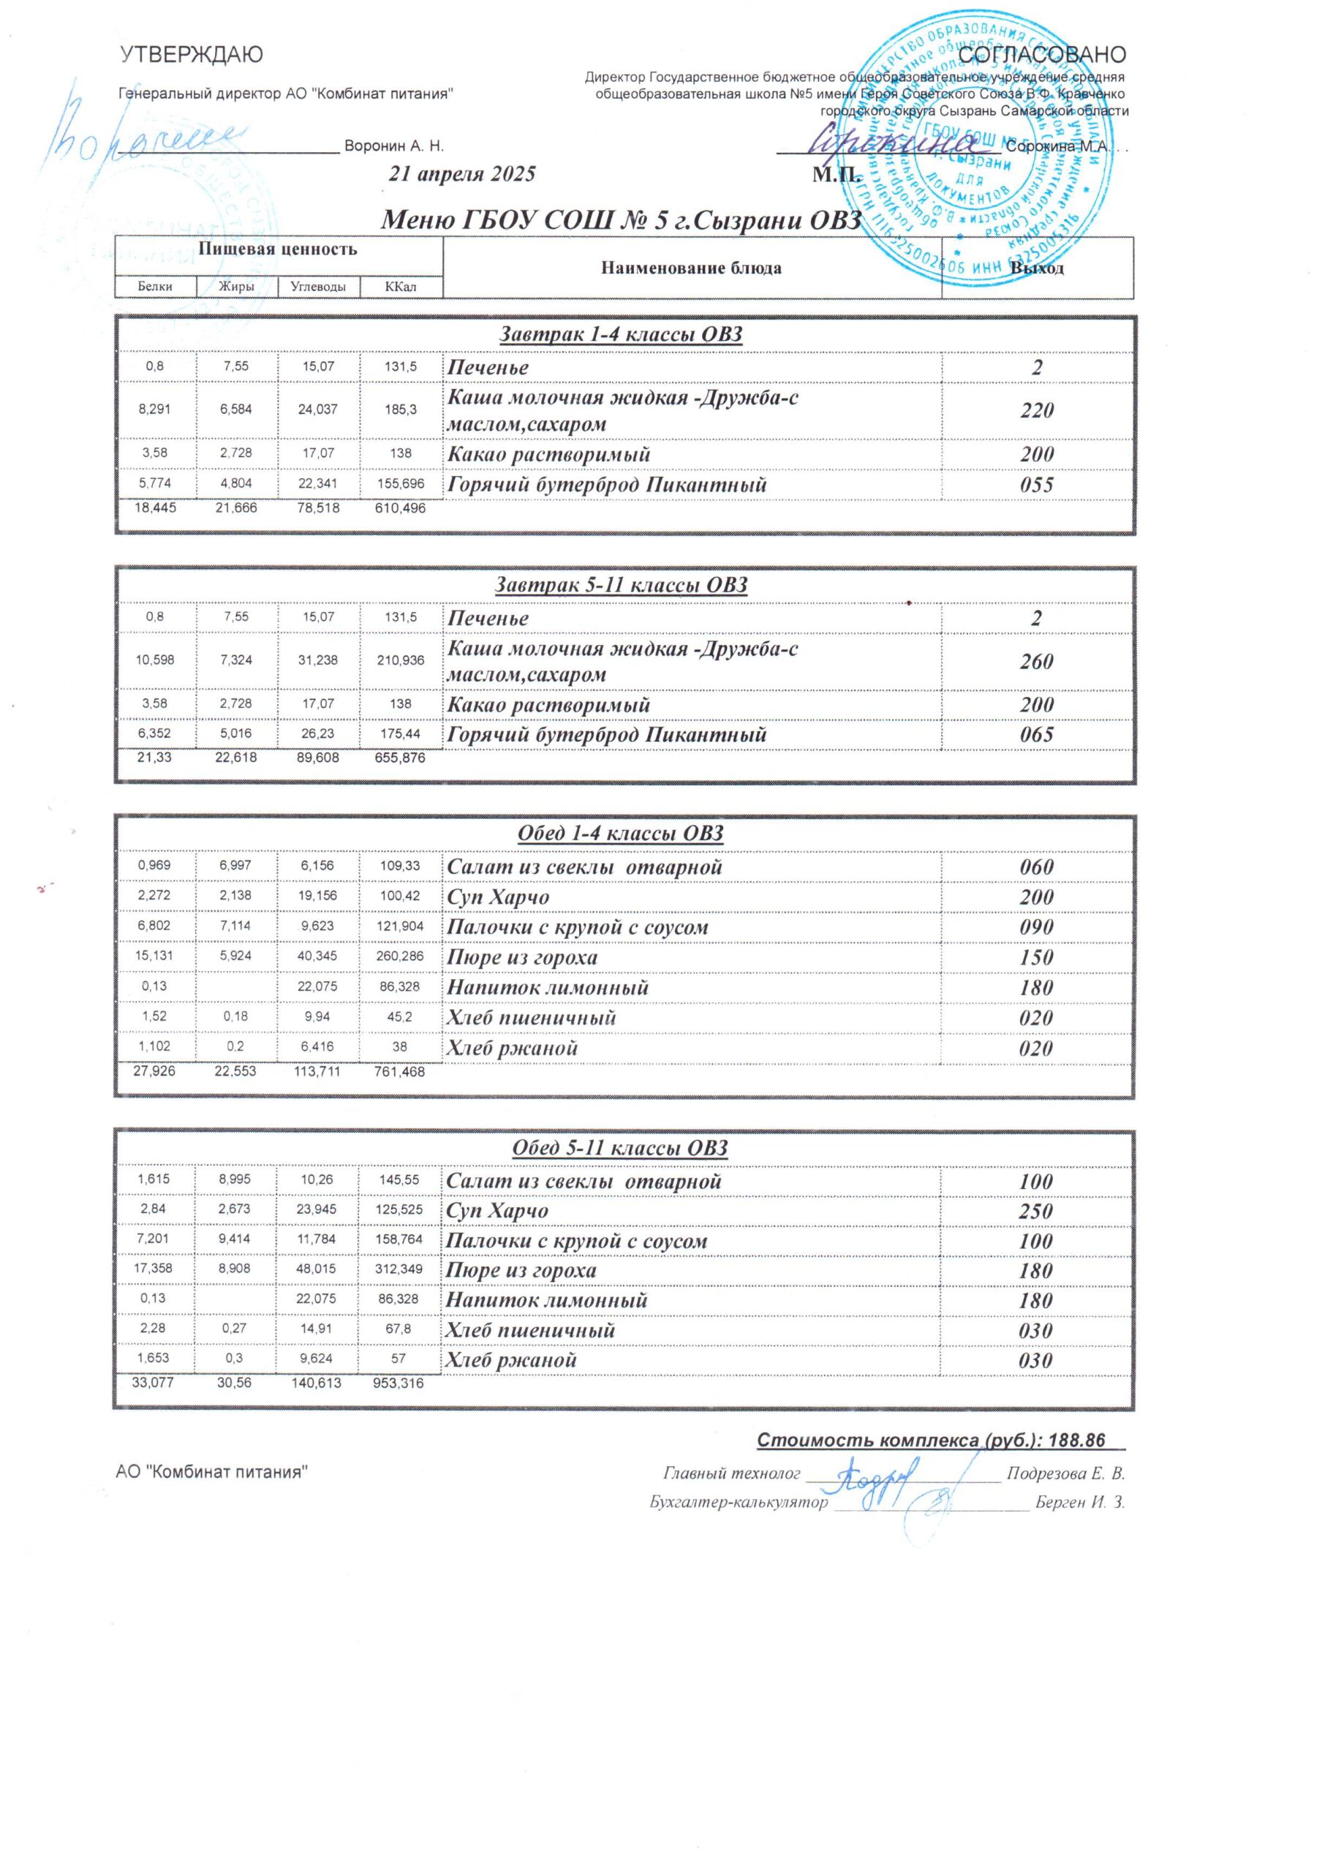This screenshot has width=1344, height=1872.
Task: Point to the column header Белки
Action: pyautogui.click(x=155, y=287)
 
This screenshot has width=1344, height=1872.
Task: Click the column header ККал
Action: pyautogui.click(x=401, y=287)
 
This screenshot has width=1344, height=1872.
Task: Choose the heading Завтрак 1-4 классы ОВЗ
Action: pyautogui.click(x=621, y=334)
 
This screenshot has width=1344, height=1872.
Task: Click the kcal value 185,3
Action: pyautogui.click(x=401, y=409)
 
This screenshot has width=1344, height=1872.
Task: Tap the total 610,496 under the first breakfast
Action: pyautogui.click(x=401, y=508)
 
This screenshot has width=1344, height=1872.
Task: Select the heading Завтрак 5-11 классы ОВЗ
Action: pyautogui.click(x=621, y=585)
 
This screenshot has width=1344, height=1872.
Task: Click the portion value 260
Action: pyautogui.click(x=1037, y=661)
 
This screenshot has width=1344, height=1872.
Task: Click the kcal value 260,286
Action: pyautogui.click(x=401, y=957)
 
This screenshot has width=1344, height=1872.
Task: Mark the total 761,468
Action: pyautogui.click(x=401, y=1072)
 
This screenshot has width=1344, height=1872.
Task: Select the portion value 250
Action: pyautogui.click(x=1037, y=1211)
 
